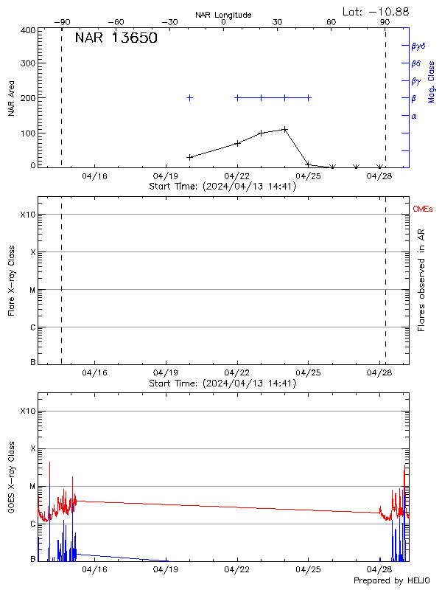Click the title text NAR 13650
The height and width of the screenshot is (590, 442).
pyautogui.click(x=116, y=38)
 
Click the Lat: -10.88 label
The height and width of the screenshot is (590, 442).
pyautogui.click(x=376, y=11)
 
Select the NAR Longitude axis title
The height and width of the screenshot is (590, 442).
pyautogui.click(x=223, y=15)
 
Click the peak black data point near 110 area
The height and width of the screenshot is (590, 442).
pyautogui.click(x=284, y=129)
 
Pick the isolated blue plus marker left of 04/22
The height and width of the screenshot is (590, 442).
pyautogui.click(x=190, y=97)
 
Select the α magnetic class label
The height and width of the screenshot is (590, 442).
pyautogui.click(x=414, y=116)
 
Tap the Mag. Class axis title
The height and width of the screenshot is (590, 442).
pyautogui.click(x=432, y=81)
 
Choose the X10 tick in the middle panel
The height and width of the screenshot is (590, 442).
pyautogui.click(x=27, y=215)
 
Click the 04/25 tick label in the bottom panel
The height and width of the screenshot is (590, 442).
pyautogui.click(x=308, y=569)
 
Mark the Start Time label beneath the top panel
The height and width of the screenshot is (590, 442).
pyautogui.click(x=222, y=187)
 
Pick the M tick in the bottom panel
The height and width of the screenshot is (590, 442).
pyautogui.click(x=32, y=487)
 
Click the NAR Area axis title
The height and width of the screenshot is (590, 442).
pyautogui.click(x=11, y=98)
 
